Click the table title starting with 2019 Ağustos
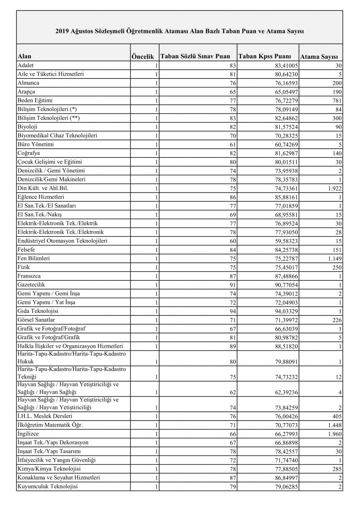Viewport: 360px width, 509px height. point(180,31)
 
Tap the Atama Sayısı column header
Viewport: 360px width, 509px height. point(319,57)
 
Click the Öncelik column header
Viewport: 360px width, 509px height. point(143,57)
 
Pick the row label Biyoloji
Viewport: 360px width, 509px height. point(27,127)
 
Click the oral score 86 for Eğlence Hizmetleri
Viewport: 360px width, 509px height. point(232,197)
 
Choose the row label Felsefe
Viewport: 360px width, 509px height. point(26,249)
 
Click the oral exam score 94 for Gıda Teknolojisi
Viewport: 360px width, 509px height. point(232,311)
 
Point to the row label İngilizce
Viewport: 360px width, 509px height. point(28,434)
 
